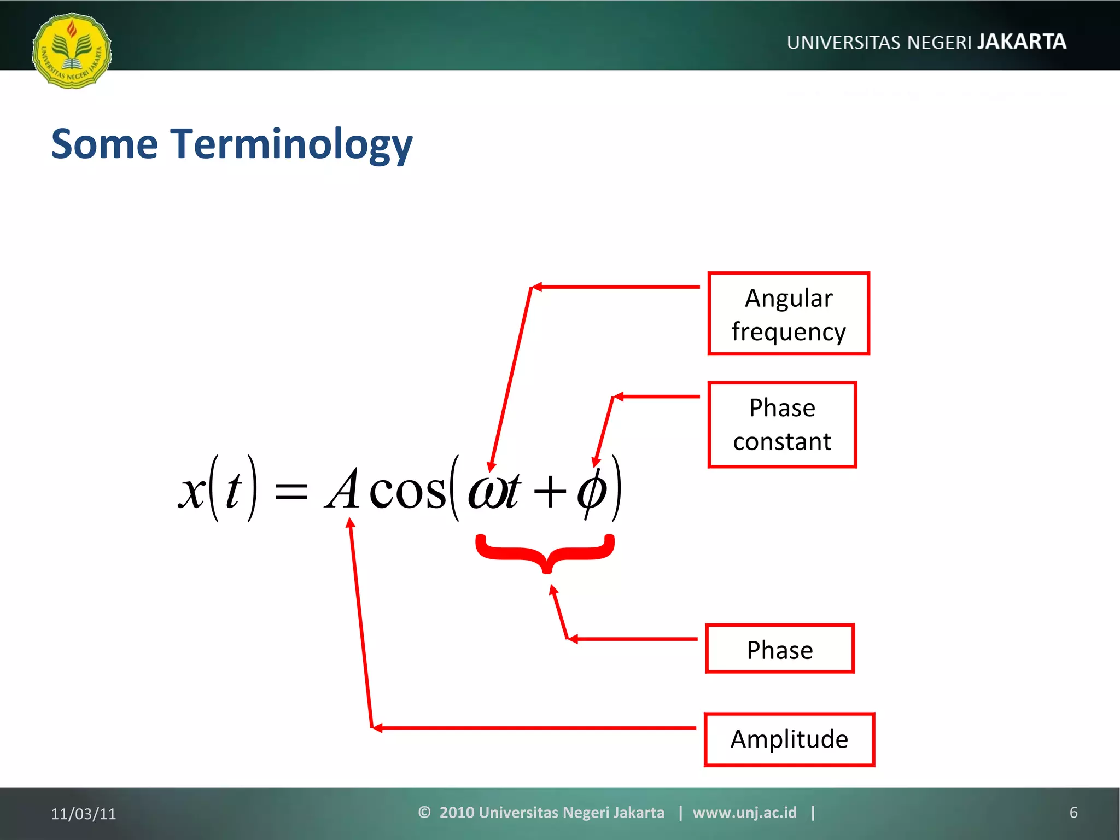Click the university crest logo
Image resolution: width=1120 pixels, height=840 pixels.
(72, 50)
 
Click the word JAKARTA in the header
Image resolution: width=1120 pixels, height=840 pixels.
(1022, 42)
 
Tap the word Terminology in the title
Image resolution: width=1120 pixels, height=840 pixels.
(291, 144)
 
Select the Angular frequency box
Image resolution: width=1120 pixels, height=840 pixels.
(788, 314)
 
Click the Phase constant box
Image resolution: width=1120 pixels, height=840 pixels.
(782, 424)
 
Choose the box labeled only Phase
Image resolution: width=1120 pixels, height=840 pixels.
(779, 649)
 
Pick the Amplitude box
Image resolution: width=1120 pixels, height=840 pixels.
(789, 739)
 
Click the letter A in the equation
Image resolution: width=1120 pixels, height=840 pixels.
(343, 489)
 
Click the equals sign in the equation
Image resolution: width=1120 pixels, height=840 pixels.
(291, 491)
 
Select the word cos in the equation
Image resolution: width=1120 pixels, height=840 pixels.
(407, 491)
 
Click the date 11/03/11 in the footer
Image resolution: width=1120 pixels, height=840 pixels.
(84, 814)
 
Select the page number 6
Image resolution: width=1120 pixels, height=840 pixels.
(1073, 813)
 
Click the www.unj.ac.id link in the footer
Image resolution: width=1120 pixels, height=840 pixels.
(744, 813)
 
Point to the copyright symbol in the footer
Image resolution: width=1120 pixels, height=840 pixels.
(424, 812)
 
